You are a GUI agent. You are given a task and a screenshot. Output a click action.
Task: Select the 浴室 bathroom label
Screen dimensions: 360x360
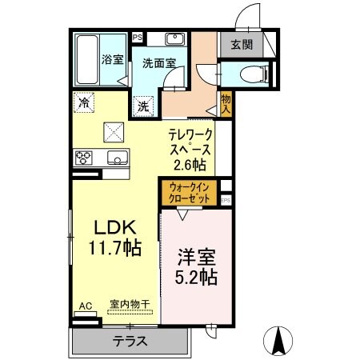111,58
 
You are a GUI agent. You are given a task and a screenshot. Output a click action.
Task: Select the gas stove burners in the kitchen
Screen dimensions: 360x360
83,157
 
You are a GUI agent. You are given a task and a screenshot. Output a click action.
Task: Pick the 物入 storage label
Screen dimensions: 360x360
226,105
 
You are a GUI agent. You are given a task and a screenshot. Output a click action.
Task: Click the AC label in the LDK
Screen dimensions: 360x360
85,305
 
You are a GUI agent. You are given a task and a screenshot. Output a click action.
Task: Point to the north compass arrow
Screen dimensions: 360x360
281,341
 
